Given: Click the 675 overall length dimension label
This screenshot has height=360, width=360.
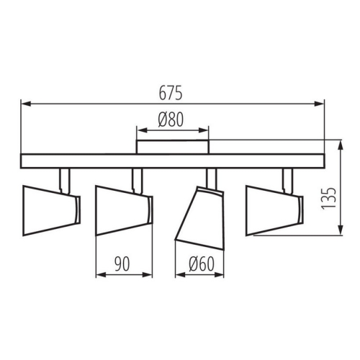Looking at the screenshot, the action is click(x=171, y=93).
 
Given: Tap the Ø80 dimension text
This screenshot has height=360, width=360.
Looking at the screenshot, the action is click(x=171, y=120).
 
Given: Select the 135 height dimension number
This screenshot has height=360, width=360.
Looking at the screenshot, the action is click(x=328, y=198).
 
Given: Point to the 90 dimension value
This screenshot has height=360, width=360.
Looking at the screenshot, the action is click(x=122, y=264).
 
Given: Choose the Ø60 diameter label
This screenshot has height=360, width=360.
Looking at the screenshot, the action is click(x=201, y=264).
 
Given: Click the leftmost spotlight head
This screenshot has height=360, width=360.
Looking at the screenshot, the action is click(x=51, y=210).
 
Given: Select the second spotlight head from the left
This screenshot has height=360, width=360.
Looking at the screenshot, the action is click(x=124, y=210).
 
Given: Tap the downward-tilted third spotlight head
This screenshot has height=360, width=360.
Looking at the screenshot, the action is click(x=199, y=218).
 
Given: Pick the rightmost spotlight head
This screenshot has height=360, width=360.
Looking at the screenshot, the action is click(x=274, y=210).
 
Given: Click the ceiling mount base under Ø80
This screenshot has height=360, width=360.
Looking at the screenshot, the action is click(x=173, y=147).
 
